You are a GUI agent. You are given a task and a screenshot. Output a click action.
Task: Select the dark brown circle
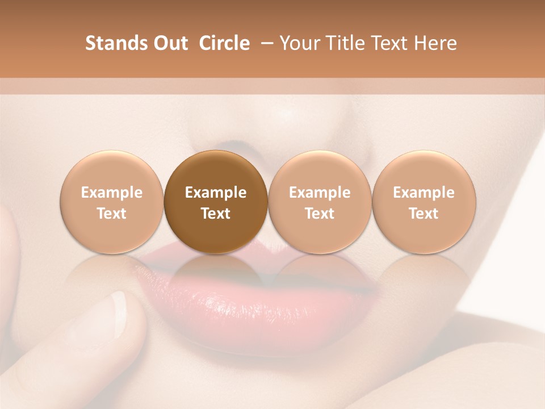(216, 202)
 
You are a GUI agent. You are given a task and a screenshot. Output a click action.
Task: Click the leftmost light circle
(112, 202)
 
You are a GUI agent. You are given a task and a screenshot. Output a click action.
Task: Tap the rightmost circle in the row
(424, 202)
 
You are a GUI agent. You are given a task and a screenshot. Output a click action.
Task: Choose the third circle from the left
(320, 202)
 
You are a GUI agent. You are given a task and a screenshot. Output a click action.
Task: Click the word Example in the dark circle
(216, 193)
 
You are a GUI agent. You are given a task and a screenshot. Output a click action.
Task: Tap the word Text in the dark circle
(216, 214)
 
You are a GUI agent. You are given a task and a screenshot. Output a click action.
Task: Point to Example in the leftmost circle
(112, 193)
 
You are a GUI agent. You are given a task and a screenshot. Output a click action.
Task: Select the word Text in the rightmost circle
(424, 214)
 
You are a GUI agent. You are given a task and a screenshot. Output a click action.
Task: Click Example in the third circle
(320, 193)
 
